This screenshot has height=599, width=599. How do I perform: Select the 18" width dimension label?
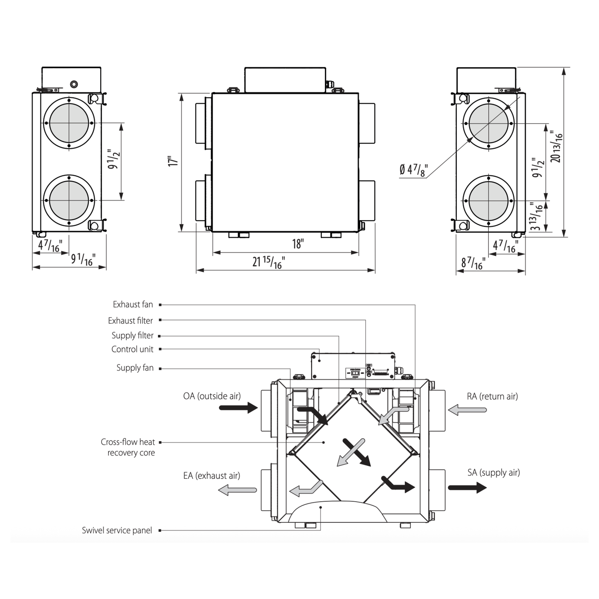pyautogui.click(x=298, y=244)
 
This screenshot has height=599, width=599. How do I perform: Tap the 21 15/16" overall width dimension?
pyautogui.click(x=269, y=262)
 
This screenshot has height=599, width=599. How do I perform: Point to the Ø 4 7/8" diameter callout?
pyautogui.click(x=413, y=170)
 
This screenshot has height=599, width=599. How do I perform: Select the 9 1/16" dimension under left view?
pyautogui.click(x=83, y=259)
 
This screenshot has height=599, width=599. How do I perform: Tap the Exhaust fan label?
pyautogui.click(x=133, y=305)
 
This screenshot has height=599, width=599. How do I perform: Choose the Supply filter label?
pyautogui.click(x=132, y=335)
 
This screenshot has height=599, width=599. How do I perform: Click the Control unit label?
pyautogui.click(x=132, y=349)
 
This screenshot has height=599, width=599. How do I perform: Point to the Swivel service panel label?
pyautogui.click(x=117, y=530)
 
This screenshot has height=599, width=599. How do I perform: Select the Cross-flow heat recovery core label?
pyautogui.click(x=128, y=447)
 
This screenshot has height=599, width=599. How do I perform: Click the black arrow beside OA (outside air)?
pyautogui.click(x=238, y=408)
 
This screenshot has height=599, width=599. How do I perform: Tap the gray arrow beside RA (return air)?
pyautogui.click(x=467, y=410)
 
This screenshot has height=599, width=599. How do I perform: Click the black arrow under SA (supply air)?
pyautogui.click(x=467, y=487)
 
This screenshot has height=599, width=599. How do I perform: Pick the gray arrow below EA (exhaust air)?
pyautogui.click(x=238, y=490)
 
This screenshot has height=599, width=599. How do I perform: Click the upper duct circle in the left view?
pyautogui.click(x=69, y=123)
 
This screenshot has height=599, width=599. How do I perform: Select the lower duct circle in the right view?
pyautogui.click(x=489, y=201)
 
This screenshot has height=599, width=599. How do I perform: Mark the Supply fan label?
pyautogui.click(x=135, y=368)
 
